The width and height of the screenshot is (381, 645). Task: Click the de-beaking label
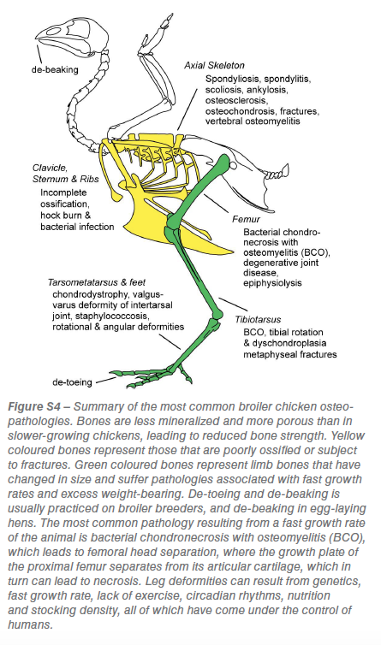55,69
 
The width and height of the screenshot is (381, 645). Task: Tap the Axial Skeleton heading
214,65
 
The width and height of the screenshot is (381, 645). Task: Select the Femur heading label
246,219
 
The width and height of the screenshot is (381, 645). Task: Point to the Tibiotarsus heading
258,320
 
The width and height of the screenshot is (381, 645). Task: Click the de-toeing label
72,382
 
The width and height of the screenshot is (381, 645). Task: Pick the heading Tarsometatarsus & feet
97,282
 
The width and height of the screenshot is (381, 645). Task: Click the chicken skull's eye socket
54,31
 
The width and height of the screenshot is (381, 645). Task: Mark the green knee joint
172,224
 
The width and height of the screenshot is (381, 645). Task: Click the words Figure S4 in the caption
33,407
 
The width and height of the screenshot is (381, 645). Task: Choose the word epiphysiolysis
272,283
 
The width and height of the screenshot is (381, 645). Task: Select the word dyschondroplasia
289,343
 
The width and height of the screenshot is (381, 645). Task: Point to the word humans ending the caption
31,624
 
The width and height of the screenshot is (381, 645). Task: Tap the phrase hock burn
62,215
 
